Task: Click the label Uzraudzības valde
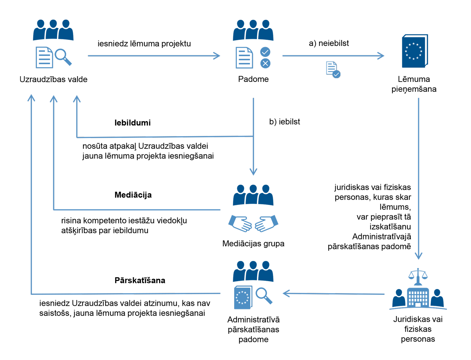tap(53, 80)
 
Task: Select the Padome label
tap(253, 79)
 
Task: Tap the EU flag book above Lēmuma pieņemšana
tap(414, 51)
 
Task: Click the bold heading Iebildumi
tap(132, 123)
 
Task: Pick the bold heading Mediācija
tap(133, 195)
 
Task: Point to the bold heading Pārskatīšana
tap(140, 280)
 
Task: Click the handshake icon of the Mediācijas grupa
tap(253, 224)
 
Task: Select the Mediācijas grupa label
tap(253, 244)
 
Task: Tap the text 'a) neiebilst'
tap(329, 43)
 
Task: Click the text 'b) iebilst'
tap(284, 122)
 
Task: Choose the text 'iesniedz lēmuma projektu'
tap(144, 44)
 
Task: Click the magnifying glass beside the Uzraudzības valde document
tap(63, 57)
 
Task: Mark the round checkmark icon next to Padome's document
tap(265, 52)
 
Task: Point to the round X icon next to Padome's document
tap(265, 64)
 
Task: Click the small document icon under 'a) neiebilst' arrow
tap(333, 70)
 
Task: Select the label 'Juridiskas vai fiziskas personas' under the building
tap(418, 329)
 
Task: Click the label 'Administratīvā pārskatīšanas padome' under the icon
tap(253, 329)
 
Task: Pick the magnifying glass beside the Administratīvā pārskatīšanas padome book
tap(264, 295)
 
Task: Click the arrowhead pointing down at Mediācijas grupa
tap(253, 172)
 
